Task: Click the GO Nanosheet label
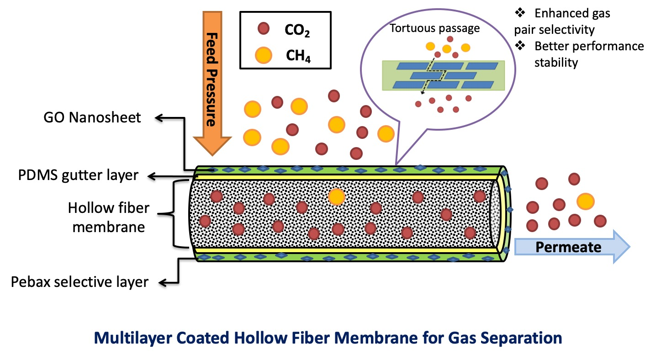click(93, 117)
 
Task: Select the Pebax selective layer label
click(80, 282)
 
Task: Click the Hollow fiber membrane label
click(109, 217)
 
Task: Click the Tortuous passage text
click(434, 28)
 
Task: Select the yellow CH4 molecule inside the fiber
click(336, 196)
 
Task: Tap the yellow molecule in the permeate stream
click(585, 201)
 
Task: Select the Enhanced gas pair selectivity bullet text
click(566, 21)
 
